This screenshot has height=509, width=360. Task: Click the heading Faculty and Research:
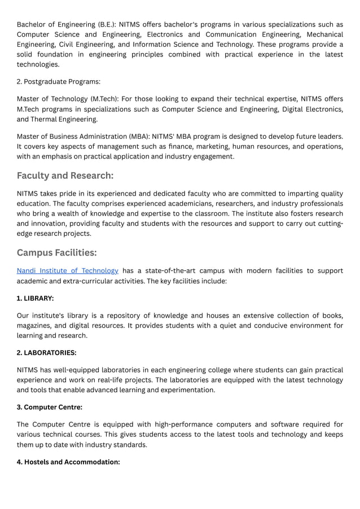point(65,175)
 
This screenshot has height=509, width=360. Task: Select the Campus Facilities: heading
point(57,252)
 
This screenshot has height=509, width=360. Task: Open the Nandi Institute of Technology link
point(67,271)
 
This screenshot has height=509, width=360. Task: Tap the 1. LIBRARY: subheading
point(35,298)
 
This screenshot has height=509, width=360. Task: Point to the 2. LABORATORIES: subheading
point(46,353)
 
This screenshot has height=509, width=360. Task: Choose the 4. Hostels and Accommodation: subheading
point(68,462)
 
